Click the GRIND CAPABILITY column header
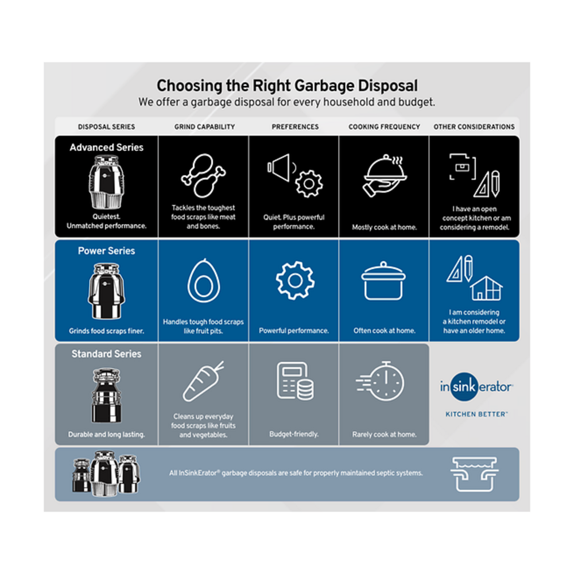204,127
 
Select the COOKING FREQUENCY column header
384,127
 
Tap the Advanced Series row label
107,148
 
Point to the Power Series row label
107,251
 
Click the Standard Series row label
106,354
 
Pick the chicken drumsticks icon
203,174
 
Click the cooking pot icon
383,280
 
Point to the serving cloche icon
383,175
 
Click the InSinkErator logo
476,387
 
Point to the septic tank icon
474,474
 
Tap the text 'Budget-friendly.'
294,435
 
